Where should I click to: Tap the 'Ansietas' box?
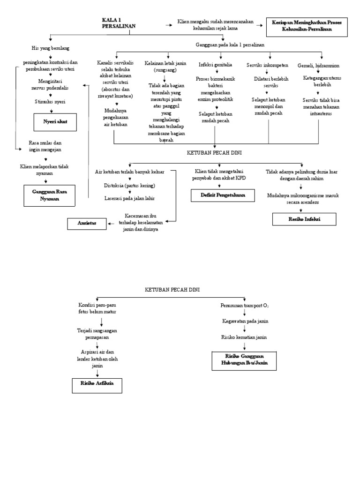pos(87,224)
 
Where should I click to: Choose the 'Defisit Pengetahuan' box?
pos(223,195)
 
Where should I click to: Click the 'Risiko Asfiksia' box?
pos(96,386)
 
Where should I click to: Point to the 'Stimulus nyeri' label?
pos(50,101)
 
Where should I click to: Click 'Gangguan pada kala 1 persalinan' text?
pos(230,45)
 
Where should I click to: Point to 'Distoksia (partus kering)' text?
pos(129,185)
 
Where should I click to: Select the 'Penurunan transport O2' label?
pos(245,306)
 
